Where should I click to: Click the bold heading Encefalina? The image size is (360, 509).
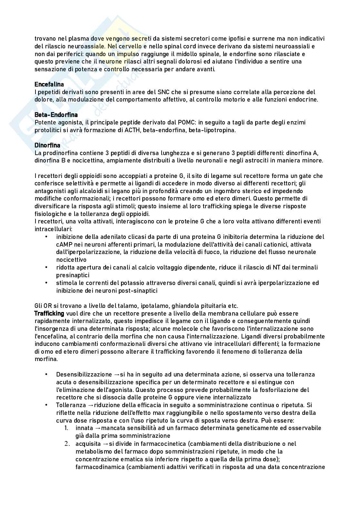point(49,84)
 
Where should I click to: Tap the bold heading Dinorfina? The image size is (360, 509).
point(47,145)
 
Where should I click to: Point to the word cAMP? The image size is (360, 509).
point(64,244)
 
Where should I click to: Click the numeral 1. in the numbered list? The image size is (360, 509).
point(66,428)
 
